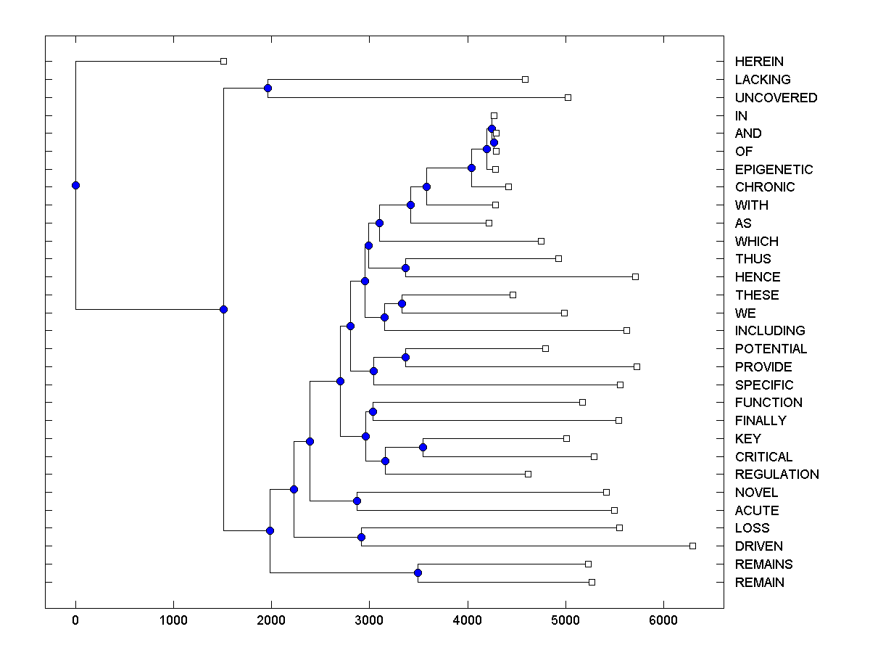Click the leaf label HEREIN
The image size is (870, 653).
[759, 62]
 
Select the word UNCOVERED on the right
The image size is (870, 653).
[776, 97]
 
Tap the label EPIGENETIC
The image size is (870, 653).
[774, 169]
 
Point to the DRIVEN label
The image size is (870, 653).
[758, 546]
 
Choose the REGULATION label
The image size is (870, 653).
[776, 475]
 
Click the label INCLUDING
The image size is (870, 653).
[770, 331]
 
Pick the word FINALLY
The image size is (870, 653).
[760, 420]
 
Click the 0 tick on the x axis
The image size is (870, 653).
[75, 621]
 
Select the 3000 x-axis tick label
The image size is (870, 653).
[369, 621]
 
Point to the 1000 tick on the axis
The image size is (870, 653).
[173, 621]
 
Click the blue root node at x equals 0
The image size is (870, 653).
[75, 185]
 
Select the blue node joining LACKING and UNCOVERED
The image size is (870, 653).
[268, 88]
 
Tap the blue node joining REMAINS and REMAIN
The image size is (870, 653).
[418, 573]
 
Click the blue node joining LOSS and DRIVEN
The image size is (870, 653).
[361, 537]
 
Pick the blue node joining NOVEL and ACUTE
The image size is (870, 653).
[357, 501]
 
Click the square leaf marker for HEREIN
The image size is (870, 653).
[223, 61]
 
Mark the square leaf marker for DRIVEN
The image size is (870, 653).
[692, 546]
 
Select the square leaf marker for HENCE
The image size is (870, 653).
[635, 276]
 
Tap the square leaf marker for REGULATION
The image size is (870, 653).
[528, 474]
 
